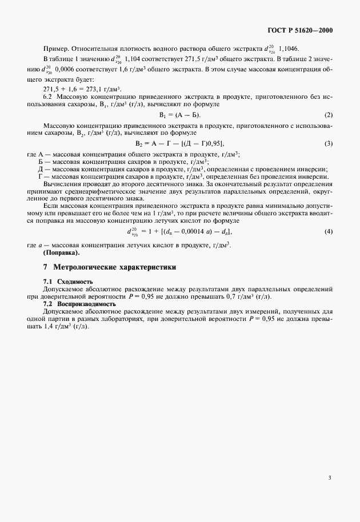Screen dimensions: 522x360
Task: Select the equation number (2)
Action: click(329, 115)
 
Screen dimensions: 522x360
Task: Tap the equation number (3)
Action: click(329, 143)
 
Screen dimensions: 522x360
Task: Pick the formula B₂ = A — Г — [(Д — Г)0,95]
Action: click(179, 143)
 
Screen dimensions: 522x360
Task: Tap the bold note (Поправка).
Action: click(61, 252)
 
